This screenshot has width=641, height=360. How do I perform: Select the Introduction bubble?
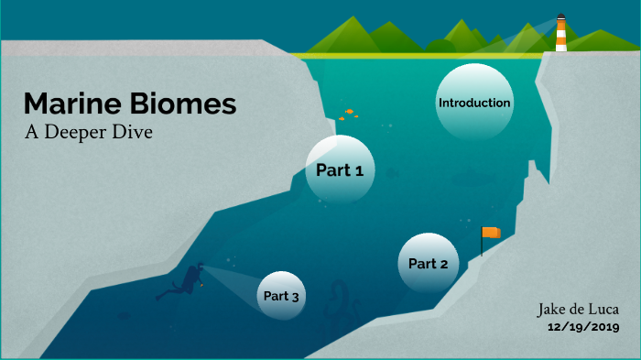coord(473,103)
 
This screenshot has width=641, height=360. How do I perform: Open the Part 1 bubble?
coord(340,169)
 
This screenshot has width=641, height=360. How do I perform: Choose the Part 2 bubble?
coord(428,264)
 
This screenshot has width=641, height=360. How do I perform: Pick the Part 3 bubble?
coord(281,296)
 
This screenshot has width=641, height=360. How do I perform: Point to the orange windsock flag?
coord(492,233)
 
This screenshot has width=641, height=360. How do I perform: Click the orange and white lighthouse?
coord(560,33)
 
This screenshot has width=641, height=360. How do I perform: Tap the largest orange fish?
coord(350,111)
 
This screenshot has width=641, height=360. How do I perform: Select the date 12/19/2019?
coord(583,327)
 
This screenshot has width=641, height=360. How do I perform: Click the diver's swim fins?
coord(165,295)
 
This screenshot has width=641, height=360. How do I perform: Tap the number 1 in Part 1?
coord(359,169)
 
